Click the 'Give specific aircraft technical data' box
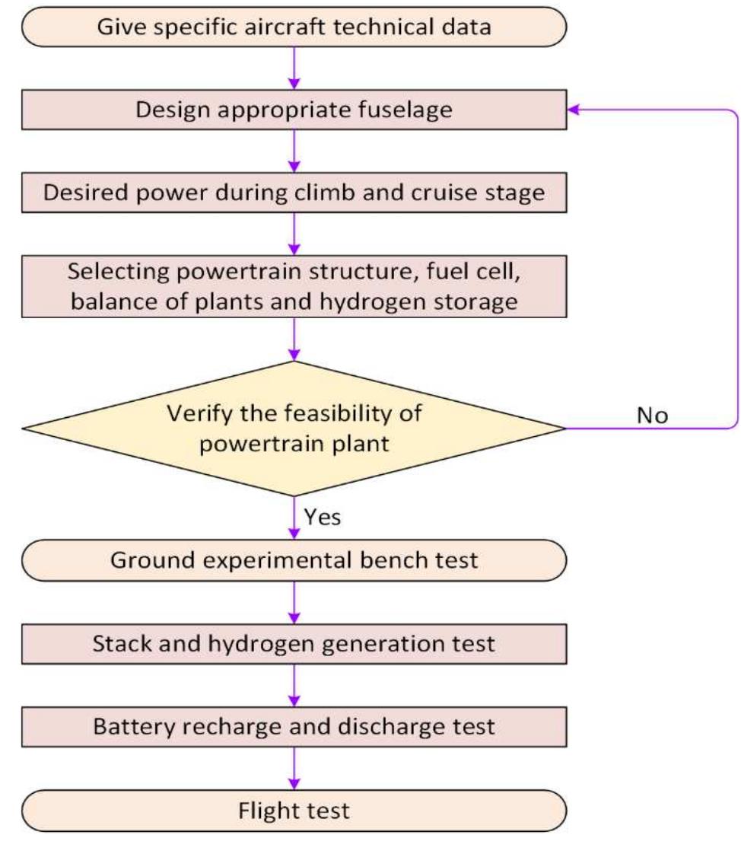click(x=294, y=27)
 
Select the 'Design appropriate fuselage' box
click(x=294, y=110)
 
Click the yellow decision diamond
click(x=294, y=428)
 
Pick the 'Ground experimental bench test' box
click(x=294, y=561)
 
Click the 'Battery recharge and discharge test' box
click(x=294, y=726)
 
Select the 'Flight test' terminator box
click(x=294, y=810)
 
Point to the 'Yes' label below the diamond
click(x=323, y=518)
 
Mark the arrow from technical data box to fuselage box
click(x=294, y=68)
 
